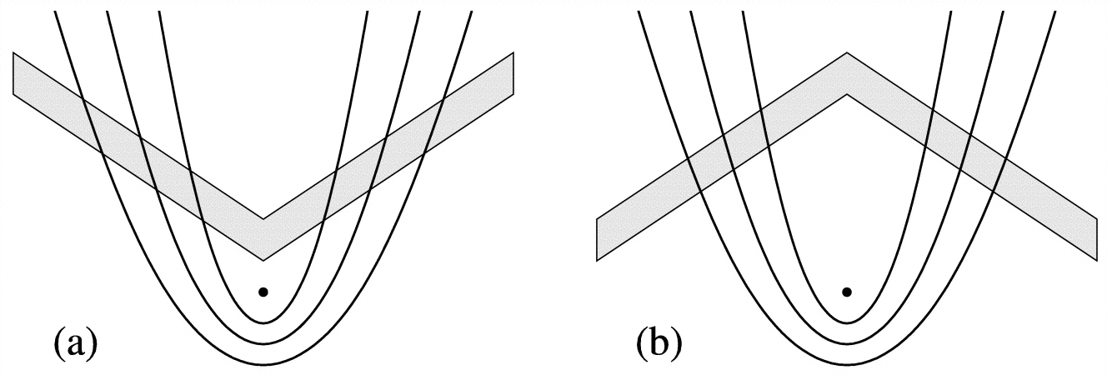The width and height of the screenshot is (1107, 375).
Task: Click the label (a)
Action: point(76,342)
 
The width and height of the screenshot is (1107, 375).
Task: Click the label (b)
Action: point(659,342)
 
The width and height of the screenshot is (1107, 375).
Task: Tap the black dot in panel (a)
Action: point(263,292)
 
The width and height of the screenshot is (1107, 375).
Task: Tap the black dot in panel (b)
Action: point(847,292)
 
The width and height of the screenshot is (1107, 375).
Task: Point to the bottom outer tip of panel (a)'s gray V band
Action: point(263,260)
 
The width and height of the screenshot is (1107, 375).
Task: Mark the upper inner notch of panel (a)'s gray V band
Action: point(263,219)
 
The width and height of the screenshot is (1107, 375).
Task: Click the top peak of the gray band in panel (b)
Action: point(847,53)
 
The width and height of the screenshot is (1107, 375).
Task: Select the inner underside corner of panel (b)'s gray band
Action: point(847,94)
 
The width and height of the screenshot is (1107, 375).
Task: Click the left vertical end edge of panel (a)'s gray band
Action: point(14,73)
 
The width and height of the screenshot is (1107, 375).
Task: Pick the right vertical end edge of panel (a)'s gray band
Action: point(513,73)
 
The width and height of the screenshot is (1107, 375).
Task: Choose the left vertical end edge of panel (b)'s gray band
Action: point(598,240)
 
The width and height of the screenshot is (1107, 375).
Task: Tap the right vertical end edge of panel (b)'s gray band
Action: point(1096,240)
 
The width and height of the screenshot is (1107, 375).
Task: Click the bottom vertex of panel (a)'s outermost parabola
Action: point(263,365)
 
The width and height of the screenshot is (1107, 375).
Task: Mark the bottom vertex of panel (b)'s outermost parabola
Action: point(847,365)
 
